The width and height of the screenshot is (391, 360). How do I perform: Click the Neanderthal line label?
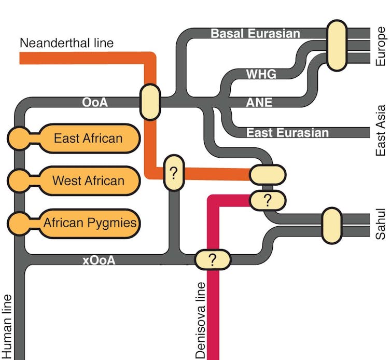(66, 43)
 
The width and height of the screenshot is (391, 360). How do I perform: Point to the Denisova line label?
(201, 320)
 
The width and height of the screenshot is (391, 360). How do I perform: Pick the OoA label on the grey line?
(95, 102)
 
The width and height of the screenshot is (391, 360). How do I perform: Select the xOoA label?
(99, 260)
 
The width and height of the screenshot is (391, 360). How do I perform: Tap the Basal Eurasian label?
(255, 34)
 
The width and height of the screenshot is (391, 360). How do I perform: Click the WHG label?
(261, 74)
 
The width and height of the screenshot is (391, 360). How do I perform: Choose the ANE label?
(259, 102)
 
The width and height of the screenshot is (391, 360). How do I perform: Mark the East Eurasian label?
(287, 133)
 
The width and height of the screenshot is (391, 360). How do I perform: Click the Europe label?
(381, 47)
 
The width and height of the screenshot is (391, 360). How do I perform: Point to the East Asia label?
(381, 131)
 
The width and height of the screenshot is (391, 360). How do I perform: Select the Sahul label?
(381, 224)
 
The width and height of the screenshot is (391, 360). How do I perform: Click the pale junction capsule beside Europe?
(337, 45)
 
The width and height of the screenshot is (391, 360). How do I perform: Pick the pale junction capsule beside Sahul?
(331, 225)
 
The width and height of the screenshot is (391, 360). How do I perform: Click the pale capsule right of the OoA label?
(150, 102)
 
